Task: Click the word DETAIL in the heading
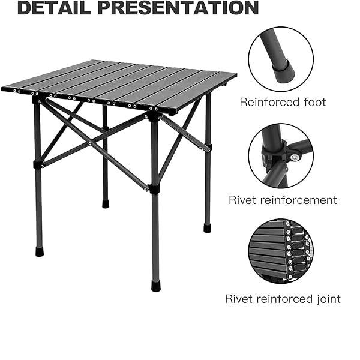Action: [54, 8]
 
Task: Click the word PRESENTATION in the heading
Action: [178, 8]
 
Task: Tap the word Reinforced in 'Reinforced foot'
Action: [269, 102]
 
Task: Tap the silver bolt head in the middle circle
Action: [295, 157]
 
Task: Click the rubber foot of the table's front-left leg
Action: [40, 251]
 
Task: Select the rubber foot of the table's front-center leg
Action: [156, 286]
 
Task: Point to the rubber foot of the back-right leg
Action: [207, 228]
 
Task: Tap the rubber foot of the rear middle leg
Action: [106, 204]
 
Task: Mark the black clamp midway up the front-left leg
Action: [38, 164]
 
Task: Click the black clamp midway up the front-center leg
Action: [154, 189]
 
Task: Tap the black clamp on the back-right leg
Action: [208, 147]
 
